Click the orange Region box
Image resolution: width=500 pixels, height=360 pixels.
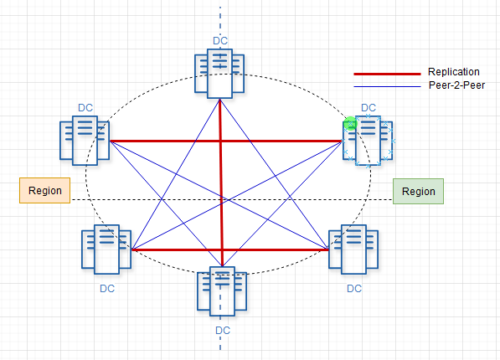point(44,190)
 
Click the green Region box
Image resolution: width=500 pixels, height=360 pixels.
point(418,192)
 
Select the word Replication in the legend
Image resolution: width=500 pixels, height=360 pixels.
point(453,72)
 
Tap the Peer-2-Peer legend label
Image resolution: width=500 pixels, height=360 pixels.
point(456,85)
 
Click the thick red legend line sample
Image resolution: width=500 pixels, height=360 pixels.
point(387,74)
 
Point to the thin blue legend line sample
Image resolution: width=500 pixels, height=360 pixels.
point(387,86)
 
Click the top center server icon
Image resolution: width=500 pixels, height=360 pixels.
point(219,74)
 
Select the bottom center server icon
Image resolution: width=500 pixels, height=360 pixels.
point(222,291)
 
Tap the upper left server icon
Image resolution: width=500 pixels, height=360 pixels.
point(85,141)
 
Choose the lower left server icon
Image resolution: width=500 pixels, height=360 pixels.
point(106,249)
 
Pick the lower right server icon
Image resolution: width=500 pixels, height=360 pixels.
point(353,249)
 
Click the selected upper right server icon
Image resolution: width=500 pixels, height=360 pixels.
point(368,141)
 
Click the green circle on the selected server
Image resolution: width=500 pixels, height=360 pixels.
point(350,124)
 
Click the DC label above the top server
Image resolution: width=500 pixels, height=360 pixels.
point(220,41)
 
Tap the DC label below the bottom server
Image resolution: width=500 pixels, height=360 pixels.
point(223,331)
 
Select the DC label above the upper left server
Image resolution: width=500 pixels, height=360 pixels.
point(85,108)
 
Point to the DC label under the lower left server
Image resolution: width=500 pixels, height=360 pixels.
point(107,289)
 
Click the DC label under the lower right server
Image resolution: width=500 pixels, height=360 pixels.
point(354,289)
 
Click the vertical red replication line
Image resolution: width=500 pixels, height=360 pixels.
point(221,183)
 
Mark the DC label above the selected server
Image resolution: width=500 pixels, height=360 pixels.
point(369,108)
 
